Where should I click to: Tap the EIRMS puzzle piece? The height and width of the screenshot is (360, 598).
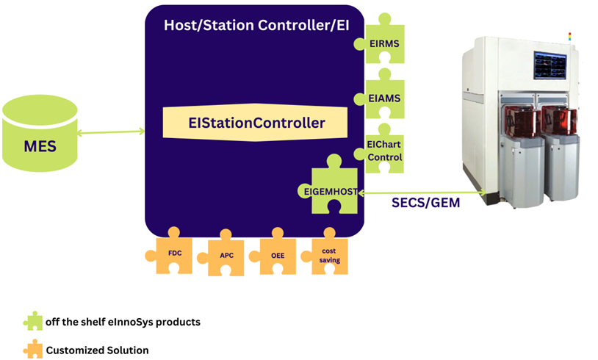pyautogui.click(x=383, y=43)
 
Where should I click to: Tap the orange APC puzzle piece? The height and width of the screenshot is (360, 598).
pyautogui.click(x=226, y=256)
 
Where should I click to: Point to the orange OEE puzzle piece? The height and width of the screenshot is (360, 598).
pyautogui.click(x=277, y=255)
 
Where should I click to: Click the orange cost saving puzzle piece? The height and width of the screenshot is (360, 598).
pyautogui.click(x=328, y=255)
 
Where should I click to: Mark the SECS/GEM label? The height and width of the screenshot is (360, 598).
pyautogui.click(x=425, y=203)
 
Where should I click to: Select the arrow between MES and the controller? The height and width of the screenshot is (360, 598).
pyautogui.click(x=110, y=132)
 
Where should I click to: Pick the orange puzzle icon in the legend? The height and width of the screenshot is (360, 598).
pyautogui.click(x=33, y=349)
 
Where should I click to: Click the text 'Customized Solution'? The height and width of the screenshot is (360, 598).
pyautogui.click(x=97, y=350)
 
